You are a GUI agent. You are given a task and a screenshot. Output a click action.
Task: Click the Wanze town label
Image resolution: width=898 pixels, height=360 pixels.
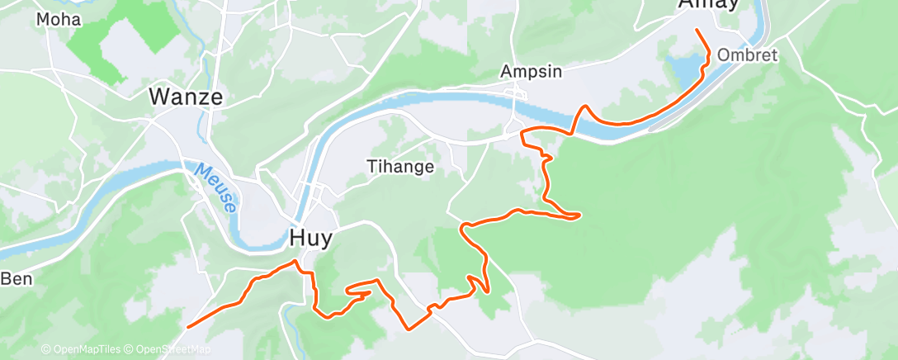tap(186, 97)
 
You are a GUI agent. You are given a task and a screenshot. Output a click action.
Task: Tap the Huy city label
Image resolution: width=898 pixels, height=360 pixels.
tap(311, 239)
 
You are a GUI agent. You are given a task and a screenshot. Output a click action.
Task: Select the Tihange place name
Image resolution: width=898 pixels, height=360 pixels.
tap(400, 167)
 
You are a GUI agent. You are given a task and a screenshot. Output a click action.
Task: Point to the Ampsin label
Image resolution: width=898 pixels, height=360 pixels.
tap(532, 72)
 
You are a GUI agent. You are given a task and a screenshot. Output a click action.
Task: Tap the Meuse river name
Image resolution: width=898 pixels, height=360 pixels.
tap(215, 187)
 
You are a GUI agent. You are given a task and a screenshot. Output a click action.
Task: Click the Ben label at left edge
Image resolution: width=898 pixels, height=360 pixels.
tap(16, 278)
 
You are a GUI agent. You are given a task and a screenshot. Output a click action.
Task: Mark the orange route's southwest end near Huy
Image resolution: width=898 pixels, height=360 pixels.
tap(189, 327)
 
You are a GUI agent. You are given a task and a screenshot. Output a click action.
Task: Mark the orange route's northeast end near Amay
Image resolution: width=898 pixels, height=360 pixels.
tap(698, 30)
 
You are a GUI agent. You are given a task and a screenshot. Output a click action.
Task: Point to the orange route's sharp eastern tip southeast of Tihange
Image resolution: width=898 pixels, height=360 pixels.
tap(579, 216)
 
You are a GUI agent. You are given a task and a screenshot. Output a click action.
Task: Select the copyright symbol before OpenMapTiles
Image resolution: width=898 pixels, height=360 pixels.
tap(45, 349)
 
